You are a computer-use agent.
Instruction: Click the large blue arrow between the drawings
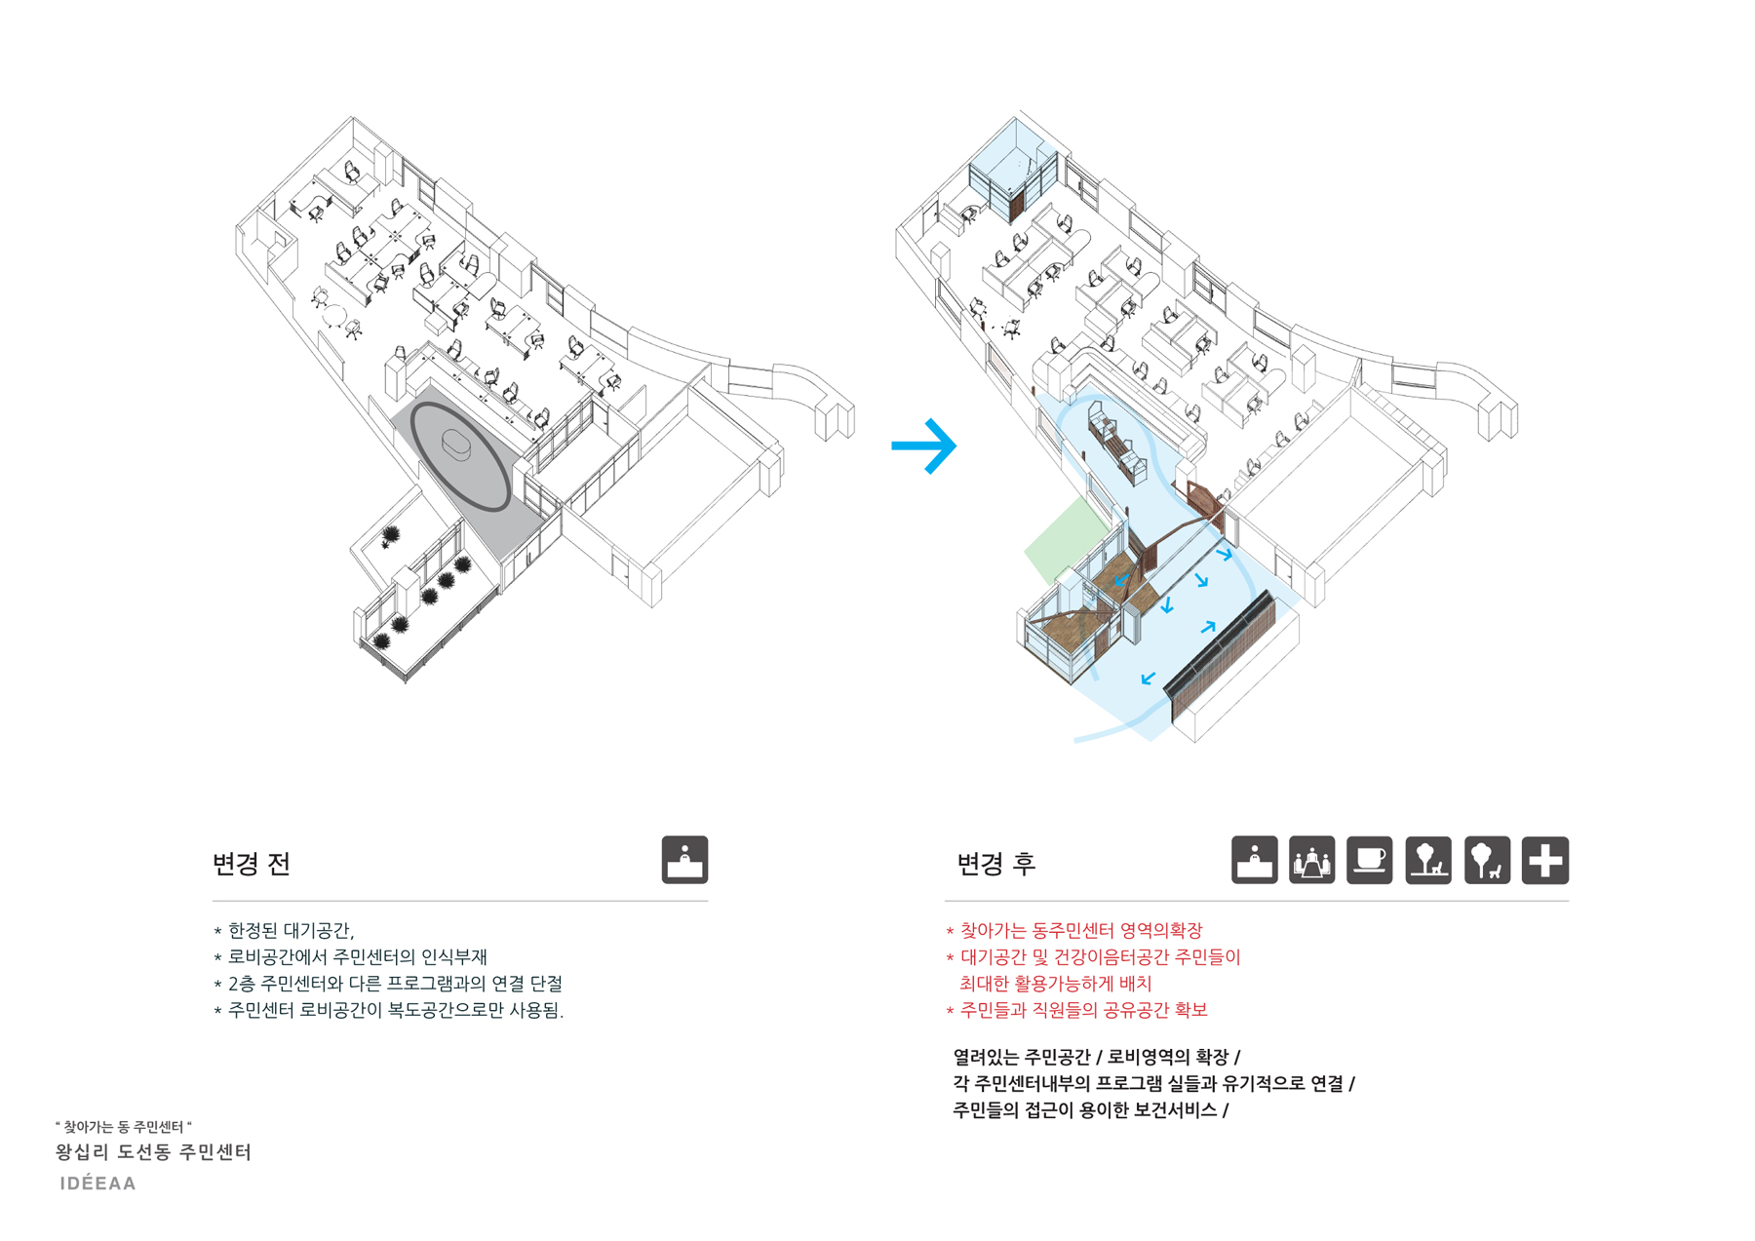point(924,446)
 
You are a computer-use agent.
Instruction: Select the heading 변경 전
point(252,864)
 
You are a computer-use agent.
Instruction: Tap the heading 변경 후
point(995,864)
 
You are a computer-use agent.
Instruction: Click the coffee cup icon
point(1369,860)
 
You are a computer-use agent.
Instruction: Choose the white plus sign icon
point(1545,860)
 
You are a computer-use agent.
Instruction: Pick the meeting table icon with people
point(1311,860)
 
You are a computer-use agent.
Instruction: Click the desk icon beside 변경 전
point(684,860)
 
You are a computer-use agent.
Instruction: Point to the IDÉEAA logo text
point(98,1183)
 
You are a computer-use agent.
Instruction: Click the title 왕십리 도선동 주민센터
point(154,1152)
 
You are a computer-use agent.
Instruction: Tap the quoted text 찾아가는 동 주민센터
point(124,1126)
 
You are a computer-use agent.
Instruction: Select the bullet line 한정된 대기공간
point(284,931)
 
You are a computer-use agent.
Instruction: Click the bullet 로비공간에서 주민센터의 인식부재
point(350,957)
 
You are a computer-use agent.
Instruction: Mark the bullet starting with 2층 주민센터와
point(388,984)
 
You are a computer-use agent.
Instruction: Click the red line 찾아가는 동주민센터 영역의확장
point(1073,931)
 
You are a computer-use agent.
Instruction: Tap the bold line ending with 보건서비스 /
point(1090,1110)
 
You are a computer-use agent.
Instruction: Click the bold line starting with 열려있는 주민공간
point(1097,1058)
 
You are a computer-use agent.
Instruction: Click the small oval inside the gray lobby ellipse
point(457,445)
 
